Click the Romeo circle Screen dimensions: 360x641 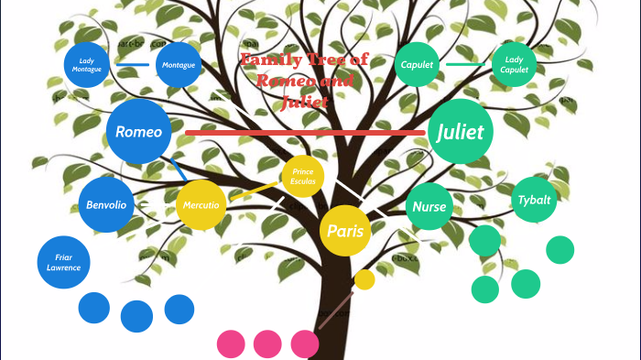[x=139, y=132]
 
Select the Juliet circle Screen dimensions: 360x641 [x=461, y=131]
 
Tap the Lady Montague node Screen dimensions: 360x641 [x=88, y=65]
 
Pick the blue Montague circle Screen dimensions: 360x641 [x=178, y=65]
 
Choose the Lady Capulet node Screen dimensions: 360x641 [x=515, y=64]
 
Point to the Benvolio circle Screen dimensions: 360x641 [x=106, y=204]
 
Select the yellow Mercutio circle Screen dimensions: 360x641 [x=201, y=205]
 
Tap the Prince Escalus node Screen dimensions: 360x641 [x=303, y=177]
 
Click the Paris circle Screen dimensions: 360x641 [x=345, y=231]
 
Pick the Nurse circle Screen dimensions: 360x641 [x=429, y=206]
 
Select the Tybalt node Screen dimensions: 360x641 [x=534, y=200]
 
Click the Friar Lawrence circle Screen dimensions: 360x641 [x=63, y=262]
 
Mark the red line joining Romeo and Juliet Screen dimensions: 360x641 [x=302, y=133]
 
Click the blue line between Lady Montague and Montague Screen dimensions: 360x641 [x=134, y=65]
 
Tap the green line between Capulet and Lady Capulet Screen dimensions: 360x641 [x=466, y=64]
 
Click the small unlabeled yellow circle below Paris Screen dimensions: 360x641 [x=364, y=279]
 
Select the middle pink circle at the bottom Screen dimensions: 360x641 [x=267, y=344]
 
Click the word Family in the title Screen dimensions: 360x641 [x=269, y=60]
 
